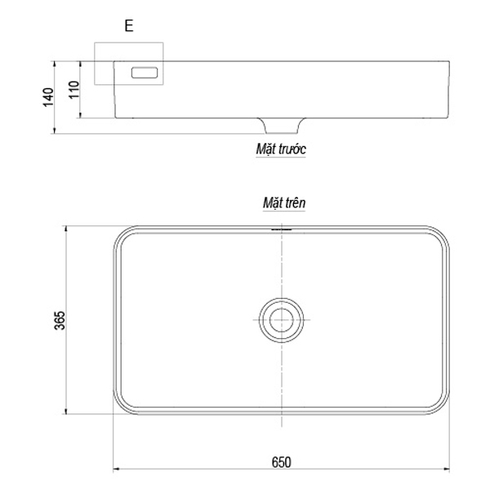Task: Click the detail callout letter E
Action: pyautogui.click(x=129, y=25)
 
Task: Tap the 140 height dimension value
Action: pyautogui.click(x=48, y=97)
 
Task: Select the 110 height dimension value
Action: pyautogui.click(x=74, y=90)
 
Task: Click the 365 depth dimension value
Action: pyautogui.click(x=60, y=320)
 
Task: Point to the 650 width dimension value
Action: pyautogui.click(x=281, y=462)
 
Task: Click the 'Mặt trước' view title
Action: pyautogui.click(x=281, y=149)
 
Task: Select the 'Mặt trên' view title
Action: pyautogui.click(x=284, y=203)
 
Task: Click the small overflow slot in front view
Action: pyautogui.click(x=145, y=73)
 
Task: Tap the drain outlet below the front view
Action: pyautogui.click(x=281, y=126)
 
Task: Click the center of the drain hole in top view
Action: pyautogui.click(x=281, y=320)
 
